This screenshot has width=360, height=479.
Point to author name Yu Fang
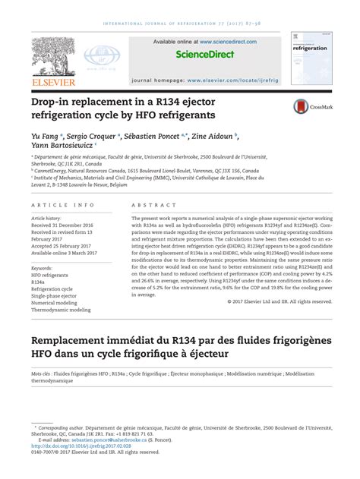pos(43,134)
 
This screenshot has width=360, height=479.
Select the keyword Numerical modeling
pos(62,303)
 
